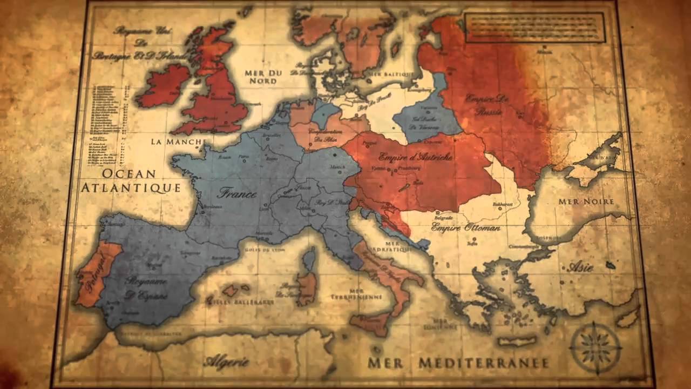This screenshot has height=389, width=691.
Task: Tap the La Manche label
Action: pos(178,142)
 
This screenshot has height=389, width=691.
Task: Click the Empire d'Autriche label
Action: pos(415,157)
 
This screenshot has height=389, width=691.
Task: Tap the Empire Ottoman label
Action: pos(465,227)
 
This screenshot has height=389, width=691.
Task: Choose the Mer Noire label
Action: pos(593,202)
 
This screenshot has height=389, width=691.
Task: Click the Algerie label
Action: pos(226,361)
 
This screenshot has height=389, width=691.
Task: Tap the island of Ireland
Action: pos(164,85)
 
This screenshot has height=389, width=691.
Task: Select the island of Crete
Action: pos(516,341)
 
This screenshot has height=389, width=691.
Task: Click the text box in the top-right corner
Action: pos(534,28)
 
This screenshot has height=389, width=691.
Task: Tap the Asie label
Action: pos(581,267)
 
